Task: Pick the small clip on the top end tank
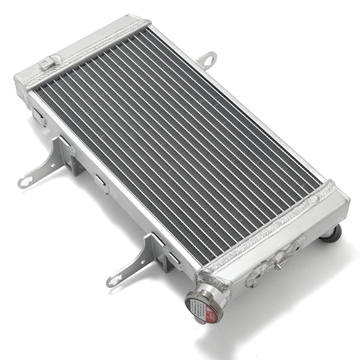tap(50, 62)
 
